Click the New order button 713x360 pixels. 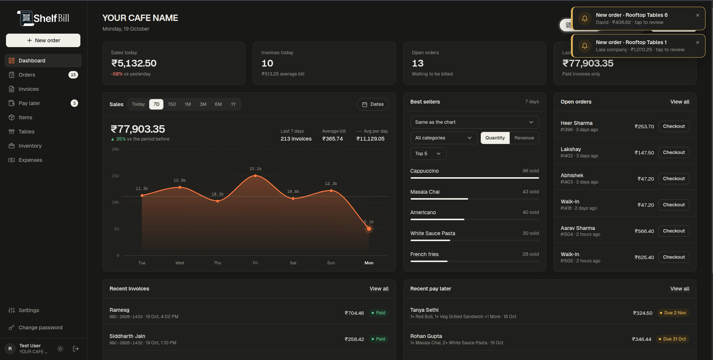[43, 40]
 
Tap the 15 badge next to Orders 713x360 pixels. [73, 75]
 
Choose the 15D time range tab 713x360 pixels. [172, 104]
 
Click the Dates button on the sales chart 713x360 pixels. [373, 104]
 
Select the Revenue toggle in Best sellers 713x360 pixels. [524, 138]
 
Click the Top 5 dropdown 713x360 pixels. [428, 154]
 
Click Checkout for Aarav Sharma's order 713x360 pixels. [674, 231]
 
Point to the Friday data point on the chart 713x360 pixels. [255, 175]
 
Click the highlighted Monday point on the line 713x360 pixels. [369, 229]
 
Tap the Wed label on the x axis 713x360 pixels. [180, 263]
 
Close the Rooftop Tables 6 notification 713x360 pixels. [698, 15]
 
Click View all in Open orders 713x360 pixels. [680, 102]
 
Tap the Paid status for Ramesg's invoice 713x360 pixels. [378, 313]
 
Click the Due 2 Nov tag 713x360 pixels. [673, 313]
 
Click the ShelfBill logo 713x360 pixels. [43, 18]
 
